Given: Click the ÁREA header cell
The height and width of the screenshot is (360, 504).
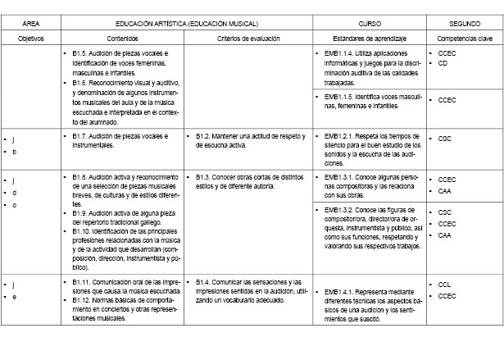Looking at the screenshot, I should click(x=31, y=25).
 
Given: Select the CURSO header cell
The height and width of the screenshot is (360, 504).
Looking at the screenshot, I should click(x=370, y=25).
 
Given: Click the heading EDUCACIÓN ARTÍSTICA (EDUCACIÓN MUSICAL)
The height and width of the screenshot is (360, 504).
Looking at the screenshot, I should click(x=187, y=25).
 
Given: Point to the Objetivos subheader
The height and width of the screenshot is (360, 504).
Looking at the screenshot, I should click(x=31, y=39).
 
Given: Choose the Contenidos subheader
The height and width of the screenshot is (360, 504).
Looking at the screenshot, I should click(x=123, y=39).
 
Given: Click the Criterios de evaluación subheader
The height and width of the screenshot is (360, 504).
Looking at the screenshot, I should click(x=248, y=39).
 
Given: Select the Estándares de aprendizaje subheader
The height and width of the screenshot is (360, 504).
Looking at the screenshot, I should click(x=370, y=39).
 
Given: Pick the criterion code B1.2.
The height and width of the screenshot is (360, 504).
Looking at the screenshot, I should click(x=204, y=136).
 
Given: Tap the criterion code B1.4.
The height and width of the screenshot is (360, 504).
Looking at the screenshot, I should click(x=204, y=282).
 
